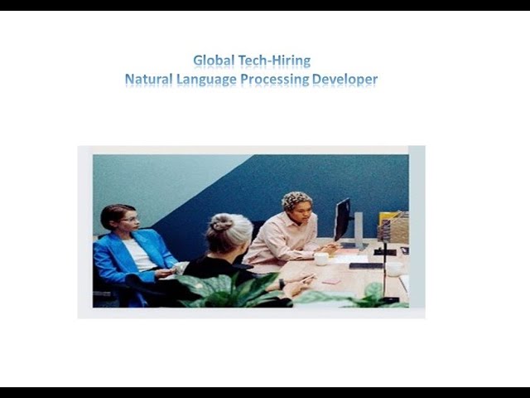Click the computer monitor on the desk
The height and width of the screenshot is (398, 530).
point(342,218)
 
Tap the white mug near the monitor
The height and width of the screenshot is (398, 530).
point(320,259)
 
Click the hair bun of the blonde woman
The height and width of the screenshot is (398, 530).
point(222,222)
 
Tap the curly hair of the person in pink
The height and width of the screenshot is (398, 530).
point(296,200)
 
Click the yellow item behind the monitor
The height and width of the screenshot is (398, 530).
point(387,218)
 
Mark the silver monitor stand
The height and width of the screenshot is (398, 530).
point(358,227)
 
